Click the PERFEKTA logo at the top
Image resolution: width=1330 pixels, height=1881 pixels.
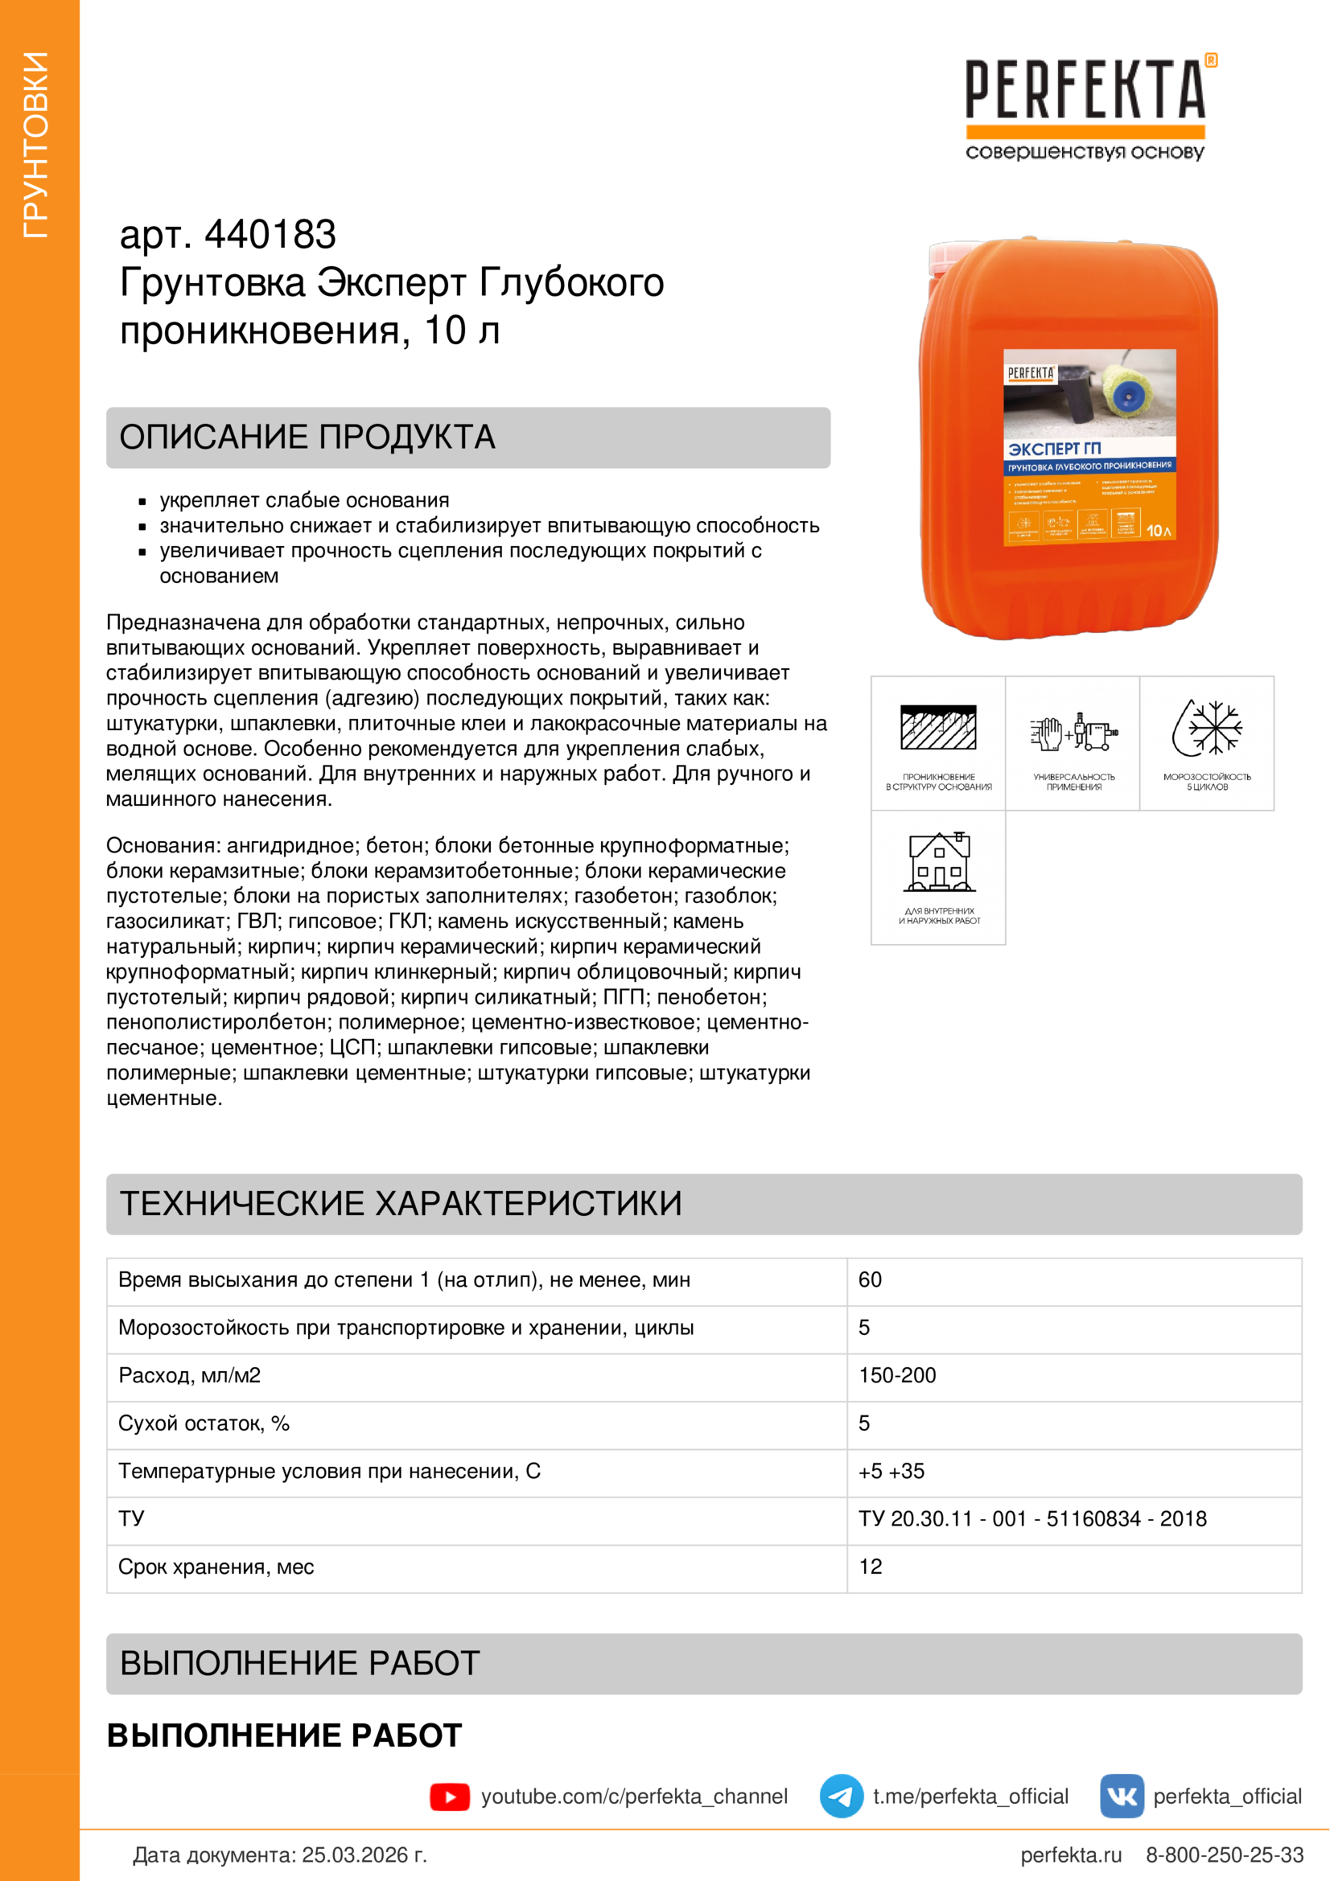pyautogui.click(x=1085, y=106)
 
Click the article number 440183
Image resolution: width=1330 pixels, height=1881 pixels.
pyautogui.click(x=270, y=235)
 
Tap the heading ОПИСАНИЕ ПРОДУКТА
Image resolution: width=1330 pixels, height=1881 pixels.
pyautogui.click(x=307, y=437)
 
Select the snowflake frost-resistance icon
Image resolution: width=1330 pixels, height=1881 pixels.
pyautogui.click(x=1207, y=727)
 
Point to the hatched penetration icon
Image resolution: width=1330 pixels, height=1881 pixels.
pyautogui.click(x=938, y=727)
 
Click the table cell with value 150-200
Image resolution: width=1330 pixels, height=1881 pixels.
pyautogui.click(x=897, y=1375)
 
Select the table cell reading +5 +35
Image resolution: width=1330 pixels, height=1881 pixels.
pyautogui.click(x=891, y=1472)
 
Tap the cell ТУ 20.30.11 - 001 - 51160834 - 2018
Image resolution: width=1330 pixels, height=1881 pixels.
pyautogui.click(x=1032, y=1519)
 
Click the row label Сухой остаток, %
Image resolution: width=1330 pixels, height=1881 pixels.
pyautogui.click(x=204, y=1424)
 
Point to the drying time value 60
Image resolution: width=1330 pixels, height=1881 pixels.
pyautogui.click(x=871, y=1279)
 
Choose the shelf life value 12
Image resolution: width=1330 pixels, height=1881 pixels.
pyautogui.click(x=871, y=1567)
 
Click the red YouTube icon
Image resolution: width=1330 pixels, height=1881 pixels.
pyautogui.click(x=450, y=1797)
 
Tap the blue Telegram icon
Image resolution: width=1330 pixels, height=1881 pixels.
pyautogui.click(x=841, y=1797)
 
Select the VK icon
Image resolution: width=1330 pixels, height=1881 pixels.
pyautogui.click(x=1121, y=1797)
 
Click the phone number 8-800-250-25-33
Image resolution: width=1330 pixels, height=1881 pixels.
pyautogui.click(x=1225, y=1854)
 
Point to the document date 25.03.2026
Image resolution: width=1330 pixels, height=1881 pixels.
pyautogui.click(x=364, y=1854)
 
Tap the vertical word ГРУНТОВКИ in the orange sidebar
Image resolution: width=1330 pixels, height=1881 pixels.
pyautogui.click(x=36, y=145)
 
